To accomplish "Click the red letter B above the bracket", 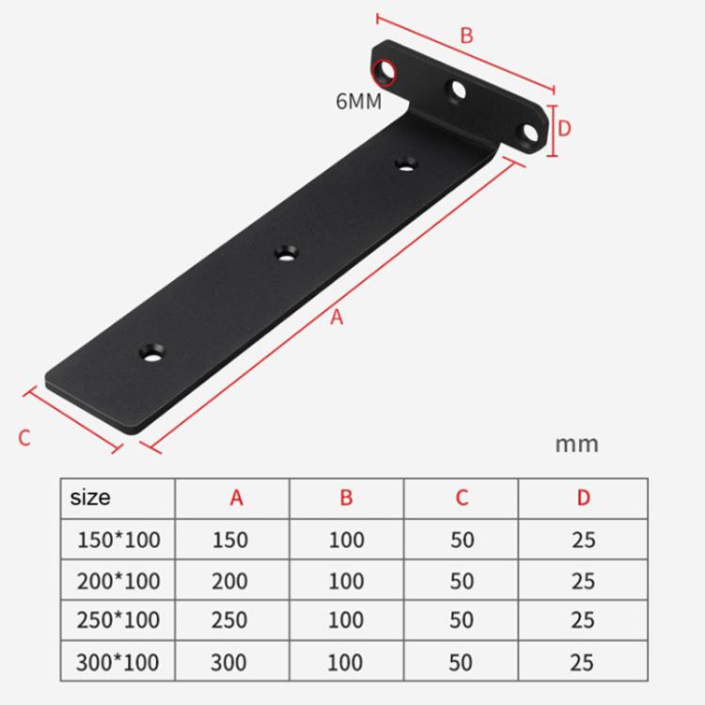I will [x=466, y=36].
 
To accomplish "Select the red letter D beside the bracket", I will [x=564, y=127].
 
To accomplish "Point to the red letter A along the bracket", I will [x=337, y=318].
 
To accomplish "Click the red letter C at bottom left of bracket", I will [x=25, y=437].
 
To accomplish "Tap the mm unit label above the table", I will [x=576, y=443].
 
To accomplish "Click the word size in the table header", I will [x=90, y=497].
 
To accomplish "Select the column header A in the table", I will [x=236, y=497].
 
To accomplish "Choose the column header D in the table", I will [x=583, y=497].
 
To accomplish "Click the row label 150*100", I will [x=117, y=540].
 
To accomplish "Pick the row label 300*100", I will [x=117, y=661].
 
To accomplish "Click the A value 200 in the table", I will [x=229, y=581].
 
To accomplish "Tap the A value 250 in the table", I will [x=229, y=620].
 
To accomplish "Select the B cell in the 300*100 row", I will [x=346, y=661].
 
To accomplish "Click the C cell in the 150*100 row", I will [x=462, y=540].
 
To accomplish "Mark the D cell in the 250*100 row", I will [x=583, y=620].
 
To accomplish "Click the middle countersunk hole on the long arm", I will [x=285, y=252].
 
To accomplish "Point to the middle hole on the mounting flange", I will [x=460, y=90].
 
